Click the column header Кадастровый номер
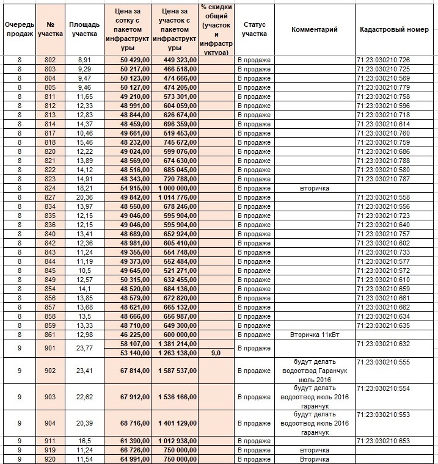click(x=394, y=29)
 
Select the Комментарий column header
click(x=314, y=29)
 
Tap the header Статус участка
click(x=254, y=29)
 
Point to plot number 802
click(x=50, y=60)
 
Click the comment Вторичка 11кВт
click(x=314, y=335)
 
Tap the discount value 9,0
click(x=216, y=353)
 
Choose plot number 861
click(x=50, y=335)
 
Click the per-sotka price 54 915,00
click(x=128, y=189)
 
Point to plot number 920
click(x=50, y=459)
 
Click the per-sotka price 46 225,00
click(x=128, y=335)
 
